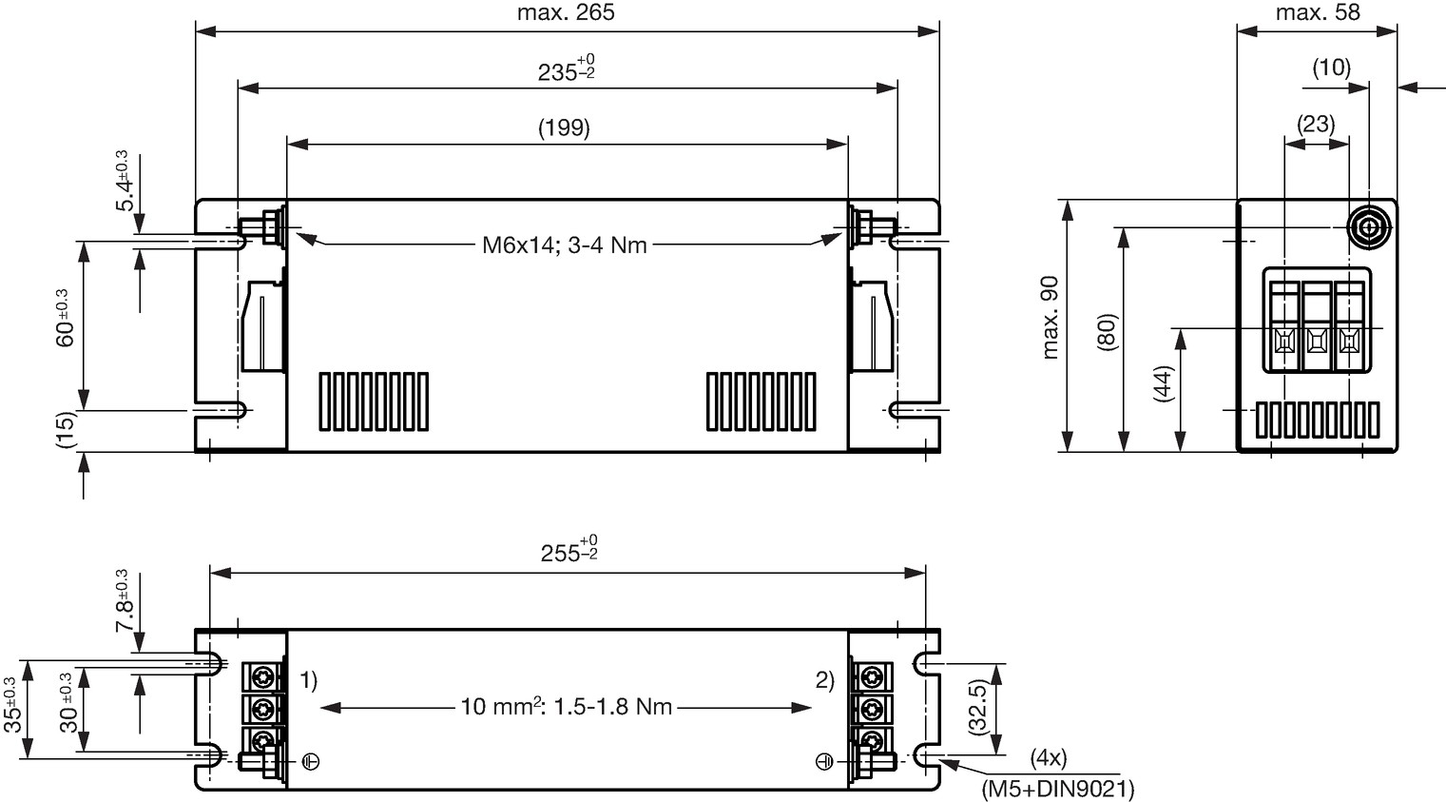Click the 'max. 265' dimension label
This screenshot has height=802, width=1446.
[566, 12]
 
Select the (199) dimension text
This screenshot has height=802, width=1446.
[564, 127]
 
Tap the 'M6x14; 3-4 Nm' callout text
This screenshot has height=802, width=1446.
[564, 245]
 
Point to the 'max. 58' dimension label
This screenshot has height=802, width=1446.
[1319, 12]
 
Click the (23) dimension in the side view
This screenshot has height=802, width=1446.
[1317, 124]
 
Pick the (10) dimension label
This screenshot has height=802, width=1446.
[1332, 68]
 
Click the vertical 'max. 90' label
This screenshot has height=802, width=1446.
[1051, 318]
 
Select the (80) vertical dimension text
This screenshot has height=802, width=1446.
[1108, 332]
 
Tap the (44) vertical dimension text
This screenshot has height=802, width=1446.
[1164, 383]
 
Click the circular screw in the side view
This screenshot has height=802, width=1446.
[1369, 228]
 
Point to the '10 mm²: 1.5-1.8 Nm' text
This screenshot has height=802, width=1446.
[566, 706]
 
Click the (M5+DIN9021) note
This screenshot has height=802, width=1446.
[1058, 789]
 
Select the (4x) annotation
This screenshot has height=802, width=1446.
[1049, 756]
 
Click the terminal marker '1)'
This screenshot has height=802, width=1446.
[309, 680]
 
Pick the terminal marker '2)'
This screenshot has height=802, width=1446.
[825, 680]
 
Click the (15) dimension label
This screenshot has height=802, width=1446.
[66, 430]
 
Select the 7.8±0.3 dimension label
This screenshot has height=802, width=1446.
[123, 601]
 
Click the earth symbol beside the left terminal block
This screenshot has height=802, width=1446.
[311, 762]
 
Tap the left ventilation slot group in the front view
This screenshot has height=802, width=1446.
[374, 401]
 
